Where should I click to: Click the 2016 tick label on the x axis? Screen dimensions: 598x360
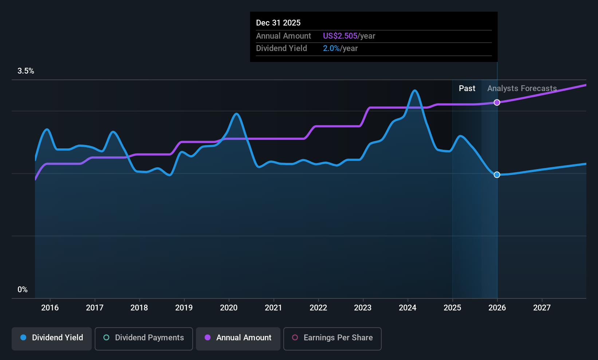[x=50, y=308]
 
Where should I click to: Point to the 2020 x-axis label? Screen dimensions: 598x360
[x=229, y=308]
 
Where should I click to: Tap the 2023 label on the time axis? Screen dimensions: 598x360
[x=363, y=308]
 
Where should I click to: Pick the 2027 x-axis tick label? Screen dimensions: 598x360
[x=542, y=308]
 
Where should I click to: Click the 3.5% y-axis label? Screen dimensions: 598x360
[x=26, y=71]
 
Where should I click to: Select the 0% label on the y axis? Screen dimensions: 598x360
[x=23, y=290]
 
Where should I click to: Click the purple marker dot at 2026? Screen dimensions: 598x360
[x=497, y=102]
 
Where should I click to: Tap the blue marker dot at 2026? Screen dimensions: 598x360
[x=497, y=175]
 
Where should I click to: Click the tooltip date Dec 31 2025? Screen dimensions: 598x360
[x=278, y=23]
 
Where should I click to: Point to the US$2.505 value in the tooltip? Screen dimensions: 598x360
[x=340, y=36]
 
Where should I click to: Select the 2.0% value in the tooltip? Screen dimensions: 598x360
[x=331, y=48]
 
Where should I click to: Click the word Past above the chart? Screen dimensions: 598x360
[x=467, y=89]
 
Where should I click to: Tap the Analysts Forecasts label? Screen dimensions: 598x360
[x=522, y=89]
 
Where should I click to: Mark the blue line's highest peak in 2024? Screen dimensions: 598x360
[x=414, y=90]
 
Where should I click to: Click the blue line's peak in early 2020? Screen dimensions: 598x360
[x=236, y=114]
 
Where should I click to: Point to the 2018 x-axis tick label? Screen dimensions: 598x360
[x=139, y=308]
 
